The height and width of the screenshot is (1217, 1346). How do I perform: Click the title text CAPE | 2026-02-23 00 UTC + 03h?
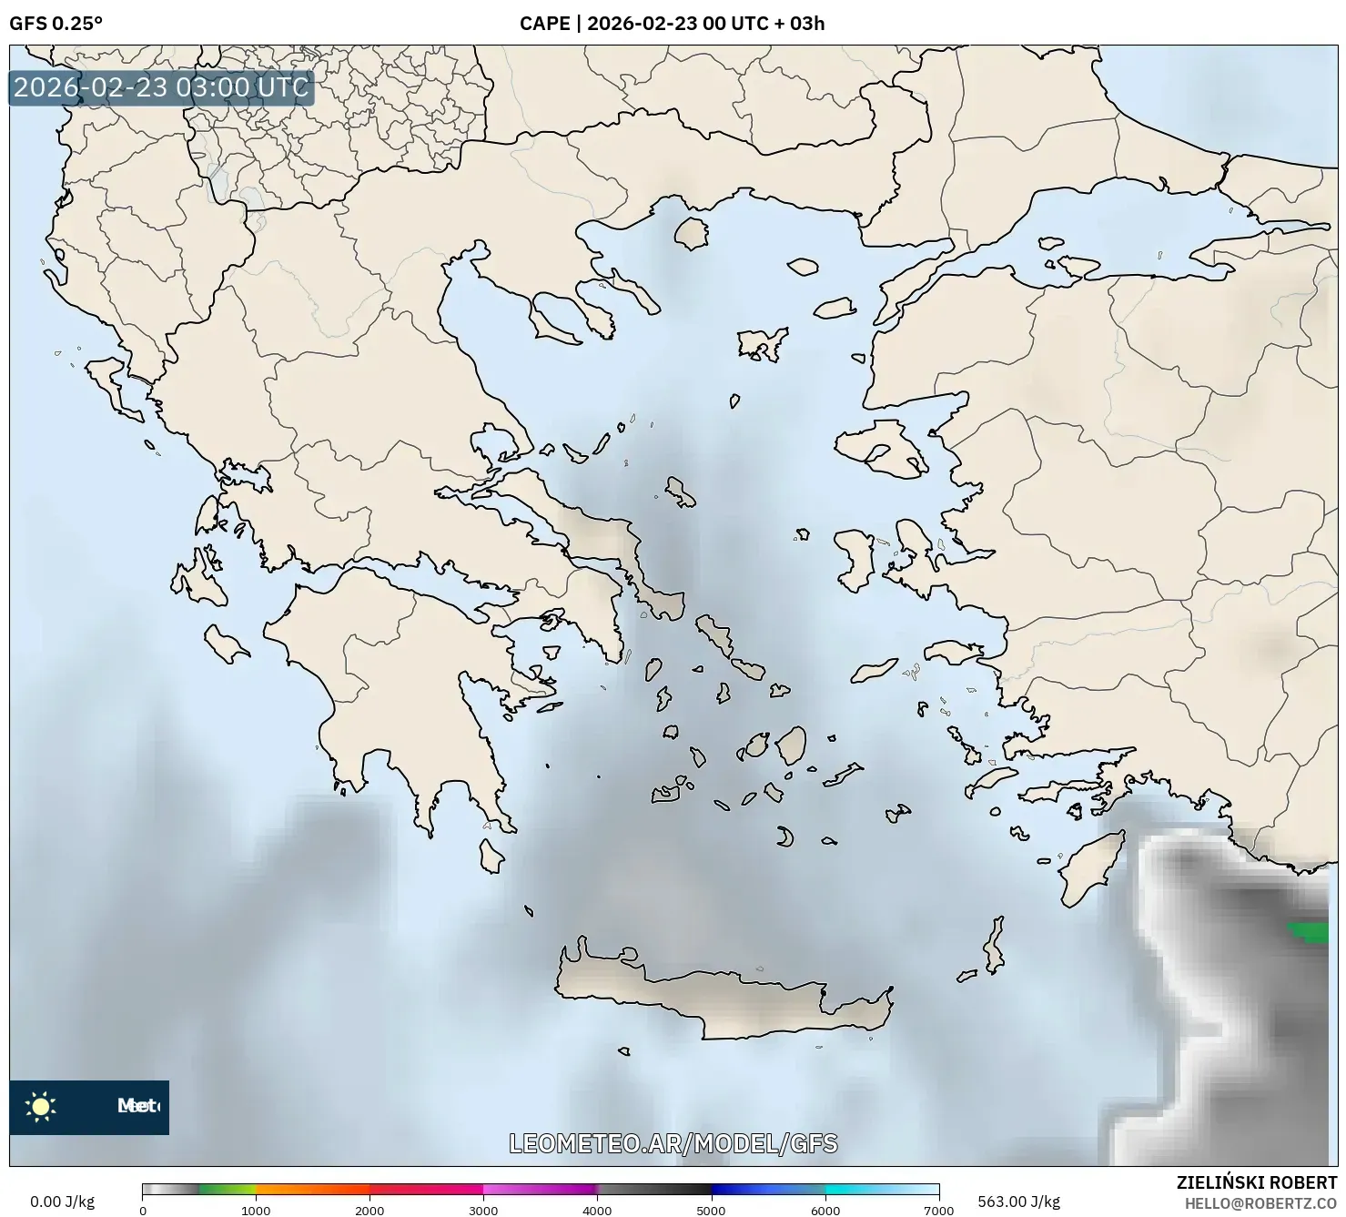(x=672, y=23)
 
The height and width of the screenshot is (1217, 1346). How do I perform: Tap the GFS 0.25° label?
(x=56, y=23)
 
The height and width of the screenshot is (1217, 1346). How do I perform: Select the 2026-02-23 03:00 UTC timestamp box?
(x=161, y=87)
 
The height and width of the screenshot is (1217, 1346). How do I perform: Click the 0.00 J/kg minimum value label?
(x=62, y=1202)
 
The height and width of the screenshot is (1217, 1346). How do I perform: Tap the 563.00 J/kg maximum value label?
(x=1018, y=1202)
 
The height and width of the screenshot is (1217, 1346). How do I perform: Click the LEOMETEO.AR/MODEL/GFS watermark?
(x=673, y=1143)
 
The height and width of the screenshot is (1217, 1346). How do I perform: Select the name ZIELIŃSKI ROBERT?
(x=1256, y=1183)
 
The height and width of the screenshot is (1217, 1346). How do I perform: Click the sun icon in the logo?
(x=41, y=1107)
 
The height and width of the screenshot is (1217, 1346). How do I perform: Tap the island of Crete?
(x=719, y=997)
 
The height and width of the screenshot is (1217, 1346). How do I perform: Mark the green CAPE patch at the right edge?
(x=1309, y=932)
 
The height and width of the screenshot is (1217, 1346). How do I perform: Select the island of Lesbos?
(x=878, y=449)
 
